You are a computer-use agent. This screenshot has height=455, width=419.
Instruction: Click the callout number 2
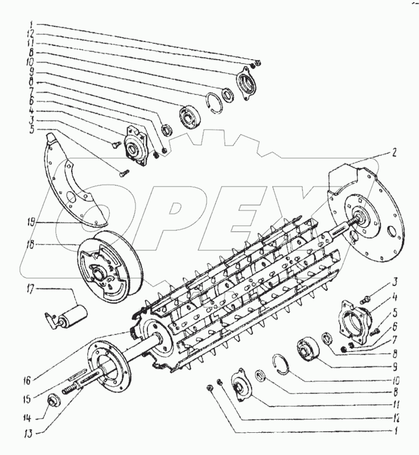coord(393,153)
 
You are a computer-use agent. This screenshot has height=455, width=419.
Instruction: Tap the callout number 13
coord(30,434)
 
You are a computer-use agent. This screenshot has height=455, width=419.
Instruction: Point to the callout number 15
coord(27,399)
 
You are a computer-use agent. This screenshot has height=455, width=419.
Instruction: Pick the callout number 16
coord(27,380)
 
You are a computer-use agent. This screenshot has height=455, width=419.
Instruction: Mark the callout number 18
coord(30,245)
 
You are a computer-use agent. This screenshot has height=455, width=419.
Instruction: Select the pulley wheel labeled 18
coord(110,267)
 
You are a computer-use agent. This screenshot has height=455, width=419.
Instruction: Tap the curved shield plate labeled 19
coord(73,180)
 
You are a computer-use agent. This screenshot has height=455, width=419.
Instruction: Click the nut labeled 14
coord(54,401)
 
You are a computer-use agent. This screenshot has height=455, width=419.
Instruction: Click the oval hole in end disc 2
coord(392,231)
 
